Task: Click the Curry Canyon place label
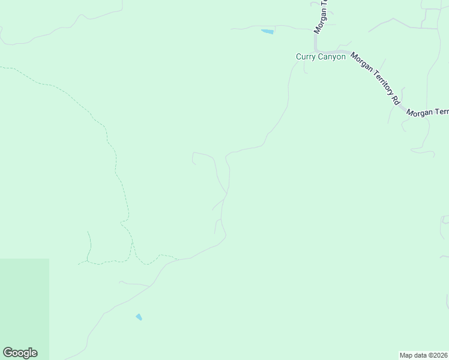(321, 56)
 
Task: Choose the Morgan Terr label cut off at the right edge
(427, 112)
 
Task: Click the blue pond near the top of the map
(268, 31)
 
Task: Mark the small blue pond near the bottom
(139, 317)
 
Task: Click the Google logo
(20, 353)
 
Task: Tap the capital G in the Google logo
(8, 353)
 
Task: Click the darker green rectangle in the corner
(24, 309)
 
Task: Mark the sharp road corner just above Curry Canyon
(315, 50)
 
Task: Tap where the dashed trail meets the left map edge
(1, 68)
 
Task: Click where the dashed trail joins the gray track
(178, 259)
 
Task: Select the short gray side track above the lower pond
(134, 283)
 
